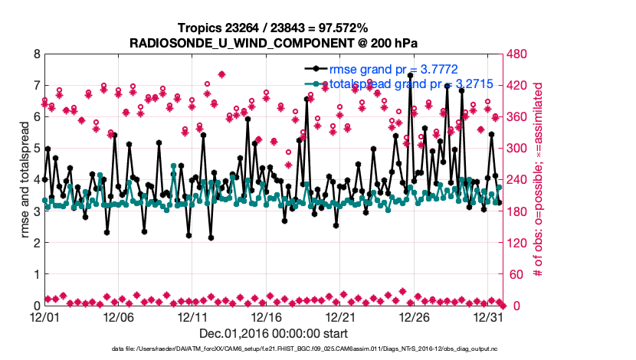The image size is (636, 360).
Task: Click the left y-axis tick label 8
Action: [x=36, y=54]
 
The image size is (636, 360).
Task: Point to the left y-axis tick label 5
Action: [x=36, y=149]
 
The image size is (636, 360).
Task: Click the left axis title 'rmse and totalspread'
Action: [x=24, y=180]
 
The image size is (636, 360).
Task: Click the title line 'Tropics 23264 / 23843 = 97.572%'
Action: [x=273, y=28]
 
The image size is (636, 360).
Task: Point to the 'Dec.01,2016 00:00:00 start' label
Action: [x=274, y=333]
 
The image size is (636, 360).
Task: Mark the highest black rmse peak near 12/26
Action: [x=411, y=76]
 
